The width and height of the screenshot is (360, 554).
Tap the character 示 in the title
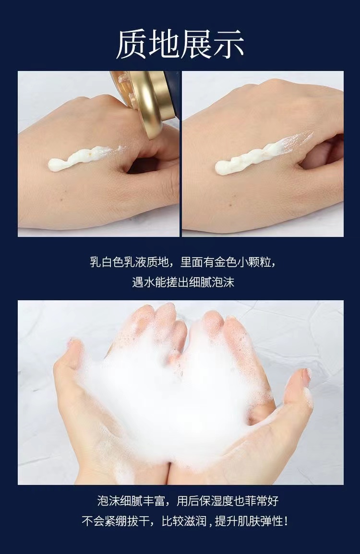pos(228,44)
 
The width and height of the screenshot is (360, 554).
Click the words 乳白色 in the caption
pos(107,262)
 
